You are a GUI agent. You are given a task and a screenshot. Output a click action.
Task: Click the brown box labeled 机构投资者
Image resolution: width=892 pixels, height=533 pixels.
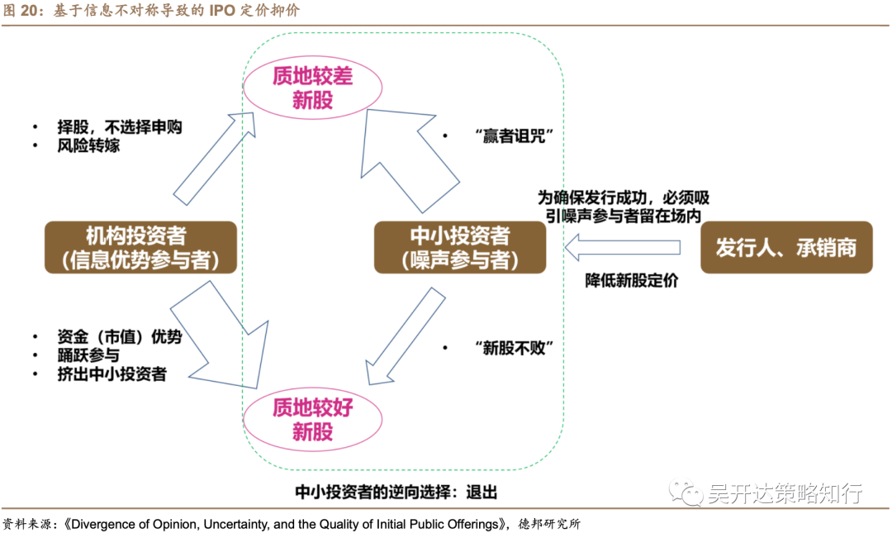(140, 247)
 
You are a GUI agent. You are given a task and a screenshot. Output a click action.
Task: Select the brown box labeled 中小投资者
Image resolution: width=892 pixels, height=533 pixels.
(459, 247)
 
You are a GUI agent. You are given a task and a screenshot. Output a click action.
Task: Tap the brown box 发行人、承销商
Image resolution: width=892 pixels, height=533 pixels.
(785, 247)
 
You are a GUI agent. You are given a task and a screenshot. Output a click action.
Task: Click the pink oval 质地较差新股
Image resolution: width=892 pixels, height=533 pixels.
(311, 88)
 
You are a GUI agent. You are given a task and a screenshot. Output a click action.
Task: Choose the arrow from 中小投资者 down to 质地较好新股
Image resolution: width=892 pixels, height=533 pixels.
(405, 335)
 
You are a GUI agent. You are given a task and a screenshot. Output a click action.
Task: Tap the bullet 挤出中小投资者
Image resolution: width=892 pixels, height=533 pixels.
(111, 374)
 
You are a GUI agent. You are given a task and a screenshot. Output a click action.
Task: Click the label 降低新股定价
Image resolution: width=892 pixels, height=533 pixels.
(632, 280)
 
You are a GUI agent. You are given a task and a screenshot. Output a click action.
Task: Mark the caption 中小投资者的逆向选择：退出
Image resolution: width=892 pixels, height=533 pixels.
(396, 492)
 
